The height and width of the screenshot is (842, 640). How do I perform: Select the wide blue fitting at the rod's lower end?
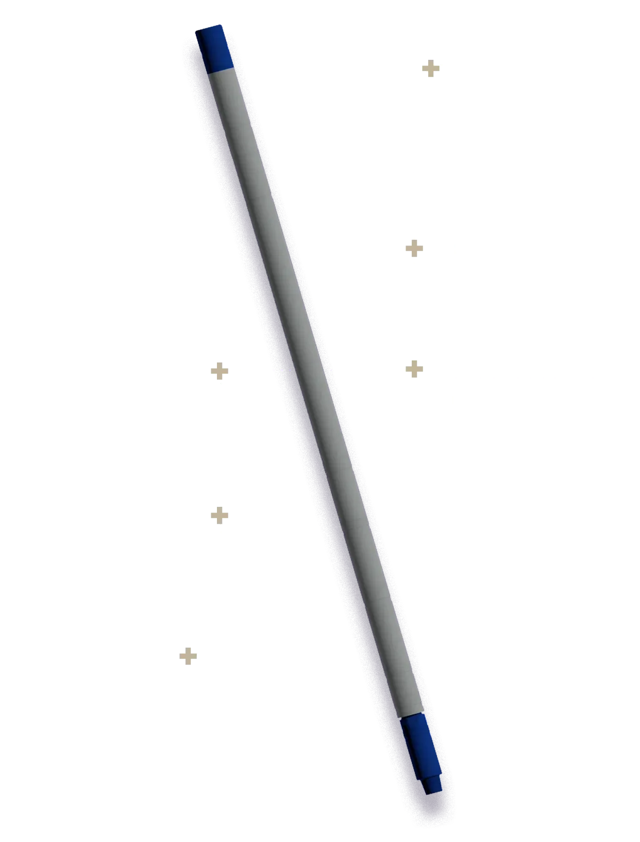(418, 742)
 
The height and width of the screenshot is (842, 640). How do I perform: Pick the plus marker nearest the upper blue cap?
(430, 68)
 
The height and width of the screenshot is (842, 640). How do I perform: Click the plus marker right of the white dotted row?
(414, 369)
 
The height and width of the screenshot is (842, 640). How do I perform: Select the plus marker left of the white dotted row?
(220, 371)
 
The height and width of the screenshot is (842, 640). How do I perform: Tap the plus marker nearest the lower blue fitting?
(188, 657)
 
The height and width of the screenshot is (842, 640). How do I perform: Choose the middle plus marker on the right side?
(414, 249)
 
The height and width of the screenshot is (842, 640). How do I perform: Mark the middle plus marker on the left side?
(220, 516)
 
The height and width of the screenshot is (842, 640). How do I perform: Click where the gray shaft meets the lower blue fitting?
(412, 716)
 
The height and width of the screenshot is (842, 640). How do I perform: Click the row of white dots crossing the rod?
(302, 370)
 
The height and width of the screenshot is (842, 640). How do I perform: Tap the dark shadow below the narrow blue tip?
(438, 810)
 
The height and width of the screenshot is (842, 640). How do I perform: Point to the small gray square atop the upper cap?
(219, 24)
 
